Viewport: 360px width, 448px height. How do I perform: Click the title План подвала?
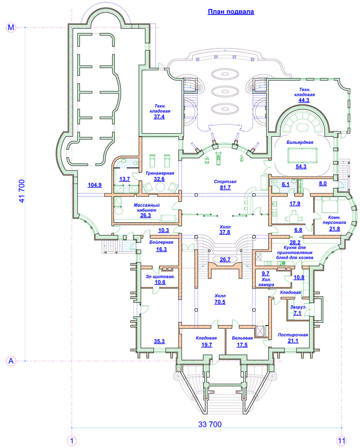(x=231, y=12)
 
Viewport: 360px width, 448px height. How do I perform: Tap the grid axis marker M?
(x=11, y=27)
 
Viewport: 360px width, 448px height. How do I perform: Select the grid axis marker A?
(x=11, y=361)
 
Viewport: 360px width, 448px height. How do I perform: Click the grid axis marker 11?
(x=342, y=441)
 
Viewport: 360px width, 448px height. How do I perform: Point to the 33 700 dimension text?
(x=210, y=424)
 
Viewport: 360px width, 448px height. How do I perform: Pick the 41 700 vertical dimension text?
(x=22, y=191)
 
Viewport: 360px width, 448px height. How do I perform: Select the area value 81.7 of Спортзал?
(x=225, y=188)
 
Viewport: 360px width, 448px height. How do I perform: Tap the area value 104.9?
(x=94, y=185)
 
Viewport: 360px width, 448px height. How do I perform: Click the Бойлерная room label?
(x=161, y=242)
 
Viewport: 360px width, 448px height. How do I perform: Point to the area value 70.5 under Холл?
(x=220, y=302)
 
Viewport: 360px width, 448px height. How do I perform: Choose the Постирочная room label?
(x=293, y=335)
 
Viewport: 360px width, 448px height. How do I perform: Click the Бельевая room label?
(x=242, y=338)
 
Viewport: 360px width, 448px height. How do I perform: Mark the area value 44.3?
(x=304, y=100)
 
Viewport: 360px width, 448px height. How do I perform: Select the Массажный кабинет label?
(x=147, y=207)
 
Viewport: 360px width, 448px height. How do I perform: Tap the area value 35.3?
(x=159, y=341)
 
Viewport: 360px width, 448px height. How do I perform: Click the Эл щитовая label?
(x=160, y=277)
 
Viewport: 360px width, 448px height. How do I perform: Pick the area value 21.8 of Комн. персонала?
(x=334, y=228)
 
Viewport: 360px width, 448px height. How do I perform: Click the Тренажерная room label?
(x=160, y=173)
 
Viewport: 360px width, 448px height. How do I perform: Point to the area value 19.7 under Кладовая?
(x=207, y=345)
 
